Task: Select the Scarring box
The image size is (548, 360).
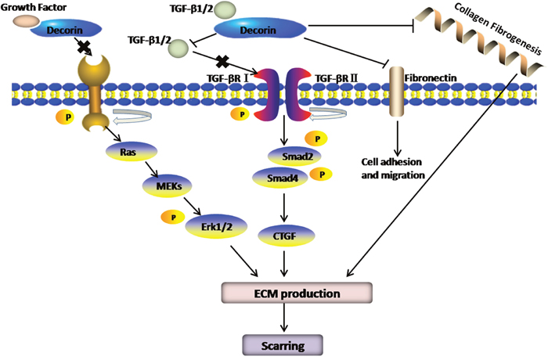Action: [x=283, y=342]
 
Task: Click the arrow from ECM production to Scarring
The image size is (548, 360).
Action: [x=283, y=319]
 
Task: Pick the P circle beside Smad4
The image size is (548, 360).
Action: [x=317, y=175]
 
